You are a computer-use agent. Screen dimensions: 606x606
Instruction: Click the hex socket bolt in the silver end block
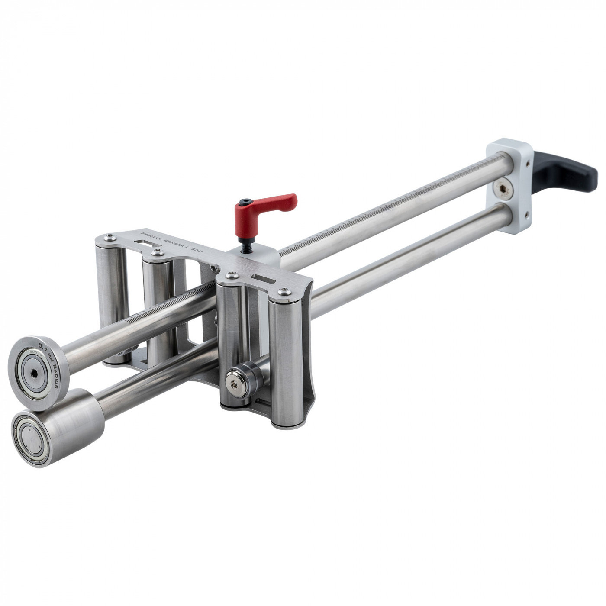(x=503, y=188)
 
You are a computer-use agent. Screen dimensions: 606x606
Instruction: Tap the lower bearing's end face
(x=29, y=437)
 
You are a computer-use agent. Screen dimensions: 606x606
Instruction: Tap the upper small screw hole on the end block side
(x=527, y=164)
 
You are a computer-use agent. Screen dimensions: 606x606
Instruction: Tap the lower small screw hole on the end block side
(x=527, y=213)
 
